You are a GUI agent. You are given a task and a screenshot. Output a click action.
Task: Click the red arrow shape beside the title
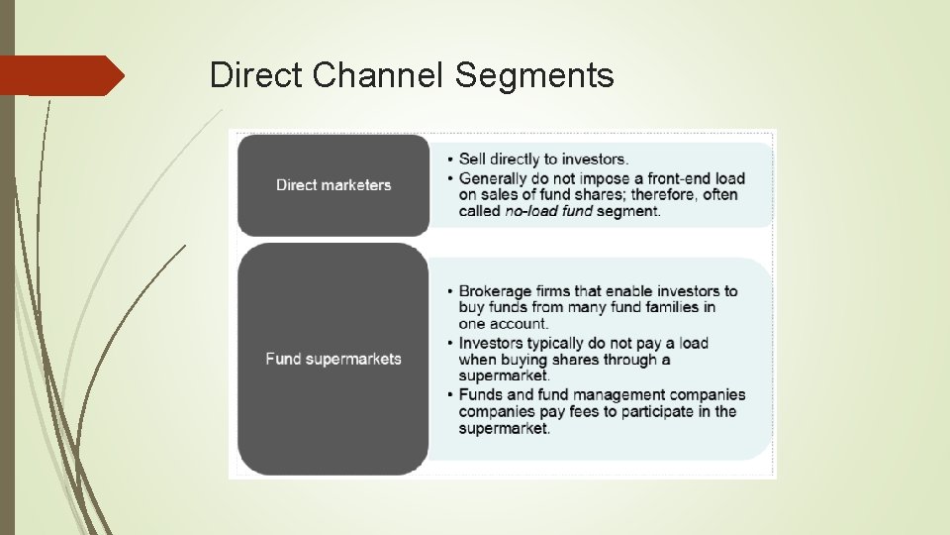(61, 75)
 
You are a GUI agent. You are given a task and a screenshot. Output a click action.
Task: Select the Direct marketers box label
(333, 185)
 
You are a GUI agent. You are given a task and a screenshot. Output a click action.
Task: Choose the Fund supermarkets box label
(333, 359)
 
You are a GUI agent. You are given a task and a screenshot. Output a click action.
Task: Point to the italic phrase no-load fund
(549, 211)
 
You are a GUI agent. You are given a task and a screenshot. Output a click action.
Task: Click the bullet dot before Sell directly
(450, 160)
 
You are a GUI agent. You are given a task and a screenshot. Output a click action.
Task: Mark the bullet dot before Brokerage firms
(450, 292)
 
